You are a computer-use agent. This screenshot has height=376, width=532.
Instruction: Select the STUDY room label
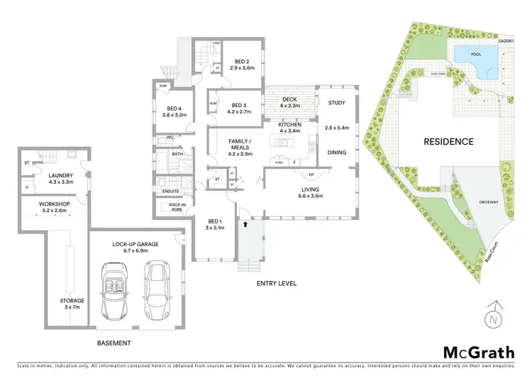pos(337,103)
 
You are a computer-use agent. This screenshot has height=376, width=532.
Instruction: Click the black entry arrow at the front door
pos(245,224)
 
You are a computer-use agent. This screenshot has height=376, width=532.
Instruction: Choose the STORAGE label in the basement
pos(72,301)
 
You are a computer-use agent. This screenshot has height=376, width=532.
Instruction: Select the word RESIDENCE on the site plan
pos(448,141)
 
